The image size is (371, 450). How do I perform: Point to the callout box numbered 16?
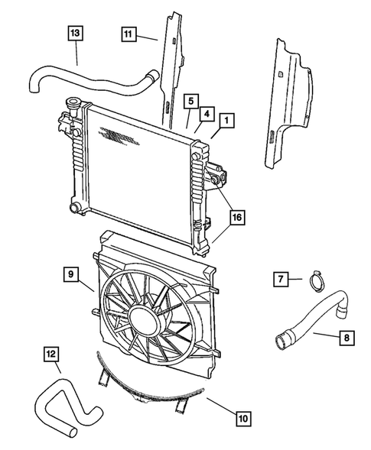click(238, 218)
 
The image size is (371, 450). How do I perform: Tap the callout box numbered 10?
click(242, 418)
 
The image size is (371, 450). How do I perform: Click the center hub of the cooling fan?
click(145, 316)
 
